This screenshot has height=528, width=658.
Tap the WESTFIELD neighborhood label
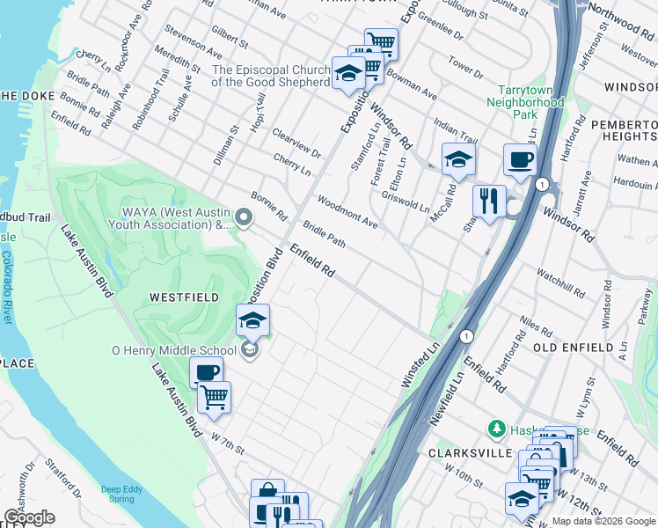pos(184,297)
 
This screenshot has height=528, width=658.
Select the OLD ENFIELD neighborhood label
pos(573,348)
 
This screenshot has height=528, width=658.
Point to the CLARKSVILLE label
pos(470,452)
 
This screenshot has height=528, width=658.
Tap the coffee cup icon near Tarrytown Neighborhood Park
pos(520,160)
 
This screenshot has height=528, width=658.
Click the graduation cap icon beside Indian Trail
pos(458,159)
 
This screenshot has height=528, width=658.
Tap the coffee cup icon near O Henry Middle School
pos(206,372)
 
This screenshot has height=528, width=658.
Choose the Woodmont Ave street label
pos(347,212)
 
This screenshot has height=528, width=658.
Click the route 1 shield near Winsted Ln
pos(465,337)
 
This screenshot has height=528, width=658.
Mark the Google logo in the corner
pos(29,517)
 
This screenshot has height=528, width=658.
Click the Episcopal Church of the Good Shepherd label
pos(269,76)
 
